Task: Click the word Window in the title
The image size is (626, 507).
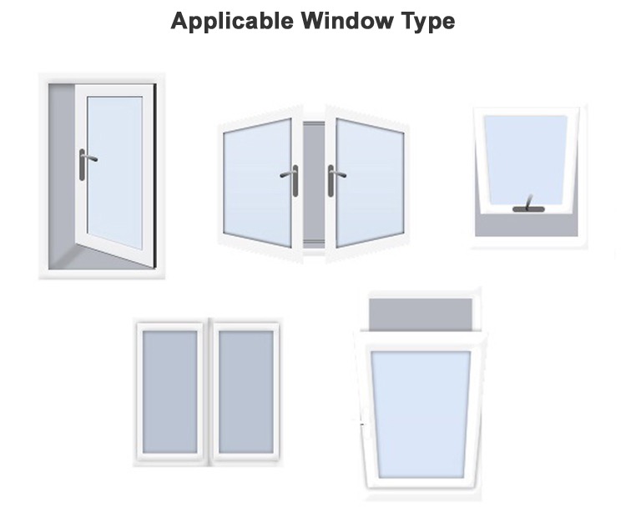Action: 346,20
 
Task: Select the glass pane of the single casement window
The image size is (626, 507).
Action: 114,172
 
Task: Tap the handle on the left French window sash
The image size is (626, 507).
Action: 291,179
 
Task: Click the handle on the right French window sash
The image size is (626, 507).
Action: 335,179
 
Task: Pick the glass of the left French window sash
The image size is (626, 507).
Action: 257,182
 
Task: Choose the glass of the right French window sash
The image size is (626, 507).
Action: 370,183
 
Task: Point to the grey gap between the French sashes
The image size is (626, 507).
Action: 314,182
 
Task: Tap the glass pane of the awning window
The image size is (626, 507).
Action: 525,159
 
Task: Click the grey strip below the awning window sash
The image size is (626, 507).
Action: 526,225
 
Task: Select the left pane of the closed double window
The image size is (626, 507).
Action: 170,392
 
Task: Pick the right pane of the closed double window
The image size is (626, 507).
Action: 246,392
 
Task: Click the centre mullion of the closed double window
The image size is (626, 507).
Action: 208,392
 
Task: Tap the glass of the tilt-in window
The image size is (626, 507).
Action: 421,414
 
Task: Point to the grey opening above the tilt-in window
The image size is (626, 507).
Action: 421,314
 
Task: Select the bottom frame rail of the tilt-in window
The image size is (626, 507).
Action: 421,484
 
